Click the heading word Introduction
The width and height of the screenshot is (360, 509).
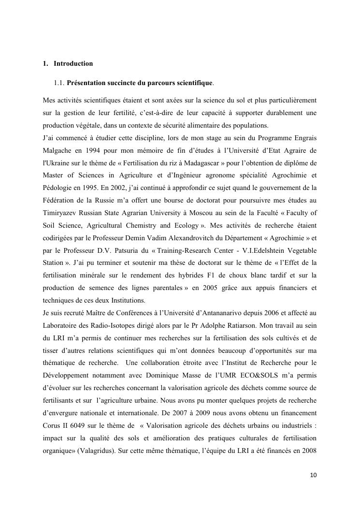point(73,63)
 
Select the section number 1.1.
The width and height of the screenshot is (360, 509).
point(59,83)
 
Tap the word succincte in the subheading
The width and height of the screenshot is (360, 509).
point(120,83)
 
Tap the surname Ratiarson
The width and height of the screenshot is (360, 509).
point(223,325)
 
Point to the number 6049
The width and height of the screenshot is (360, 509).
point(83,426)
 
